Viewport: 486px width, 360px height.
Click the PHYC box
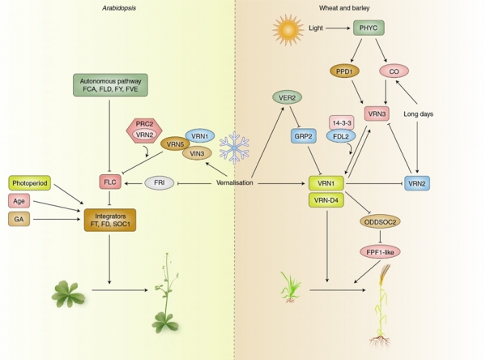click(x=369, y=28)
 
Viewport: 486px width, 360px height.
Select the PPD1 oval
click(x=344, y=71)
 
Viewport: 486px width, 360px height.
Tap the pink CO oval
click(x=394, y=71)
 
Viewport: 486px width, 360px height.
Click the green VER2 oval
click(x=287, y=97)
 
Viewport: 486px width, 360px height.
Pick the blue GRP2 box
click(x=304, y=136)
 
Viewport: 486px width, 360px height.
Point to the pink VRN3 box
click(x=377, y=114)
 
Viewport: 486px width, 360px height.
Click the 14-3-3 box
click(x=342, y=123)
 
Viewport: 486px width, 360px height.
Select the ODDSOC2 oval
click(x=380, y=222)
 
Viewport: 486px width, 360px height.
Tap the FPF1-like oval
click(x=380, y=252)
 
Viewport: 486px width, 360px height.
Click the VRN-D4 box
click(x=326, y=200)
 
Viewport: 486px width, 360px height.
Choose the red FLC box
click(x=110, y=182)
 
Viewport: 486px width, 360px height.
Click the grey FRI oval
click(x=160, y=182)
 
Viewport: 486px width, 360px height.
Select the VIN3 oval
click(x=197, y=153)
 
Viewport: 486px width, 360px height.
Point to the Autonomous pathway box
click(x=110, y=85)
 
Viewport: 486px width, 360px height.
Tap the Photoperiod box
click(x=30, y=183)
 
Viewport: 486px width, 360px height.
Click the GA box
click(x=19, y=219)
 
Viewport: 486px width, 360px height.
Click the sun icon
click(x=288, y=29)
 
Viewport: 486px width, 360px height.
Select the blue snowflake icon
click(x=234, y=148)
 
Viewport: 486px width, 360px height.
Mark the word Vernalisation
click(x=235, y=182)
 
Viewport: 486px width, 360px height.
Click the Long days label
click(x=418, y=114)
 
